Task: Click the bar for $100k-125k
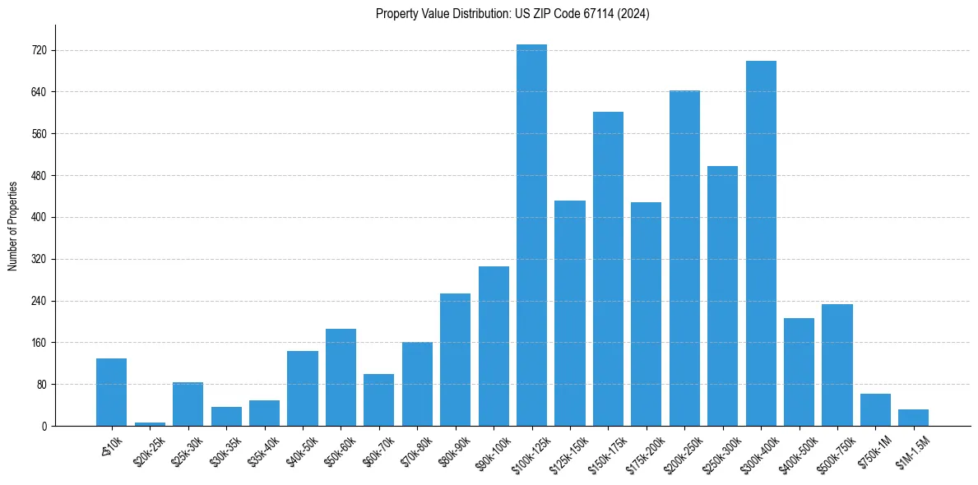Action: (531, 235)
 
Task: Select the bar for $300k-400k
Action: (761, 243)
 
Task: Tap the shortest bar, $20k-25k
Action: (150, 423)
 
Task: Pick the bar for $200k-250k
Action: (684, 258)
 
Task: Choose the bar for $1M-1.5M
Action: (913, 418)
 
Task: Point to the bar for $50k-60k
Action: (341, 377)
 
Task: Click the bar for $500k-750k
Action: (837, 365)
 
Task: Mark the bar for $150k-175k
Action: (608, 269)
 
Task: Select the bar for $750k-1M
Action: (875, 409)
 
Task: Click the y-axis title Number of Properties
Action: (13, 225)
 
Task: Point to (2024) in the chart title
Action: (634, 14)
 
